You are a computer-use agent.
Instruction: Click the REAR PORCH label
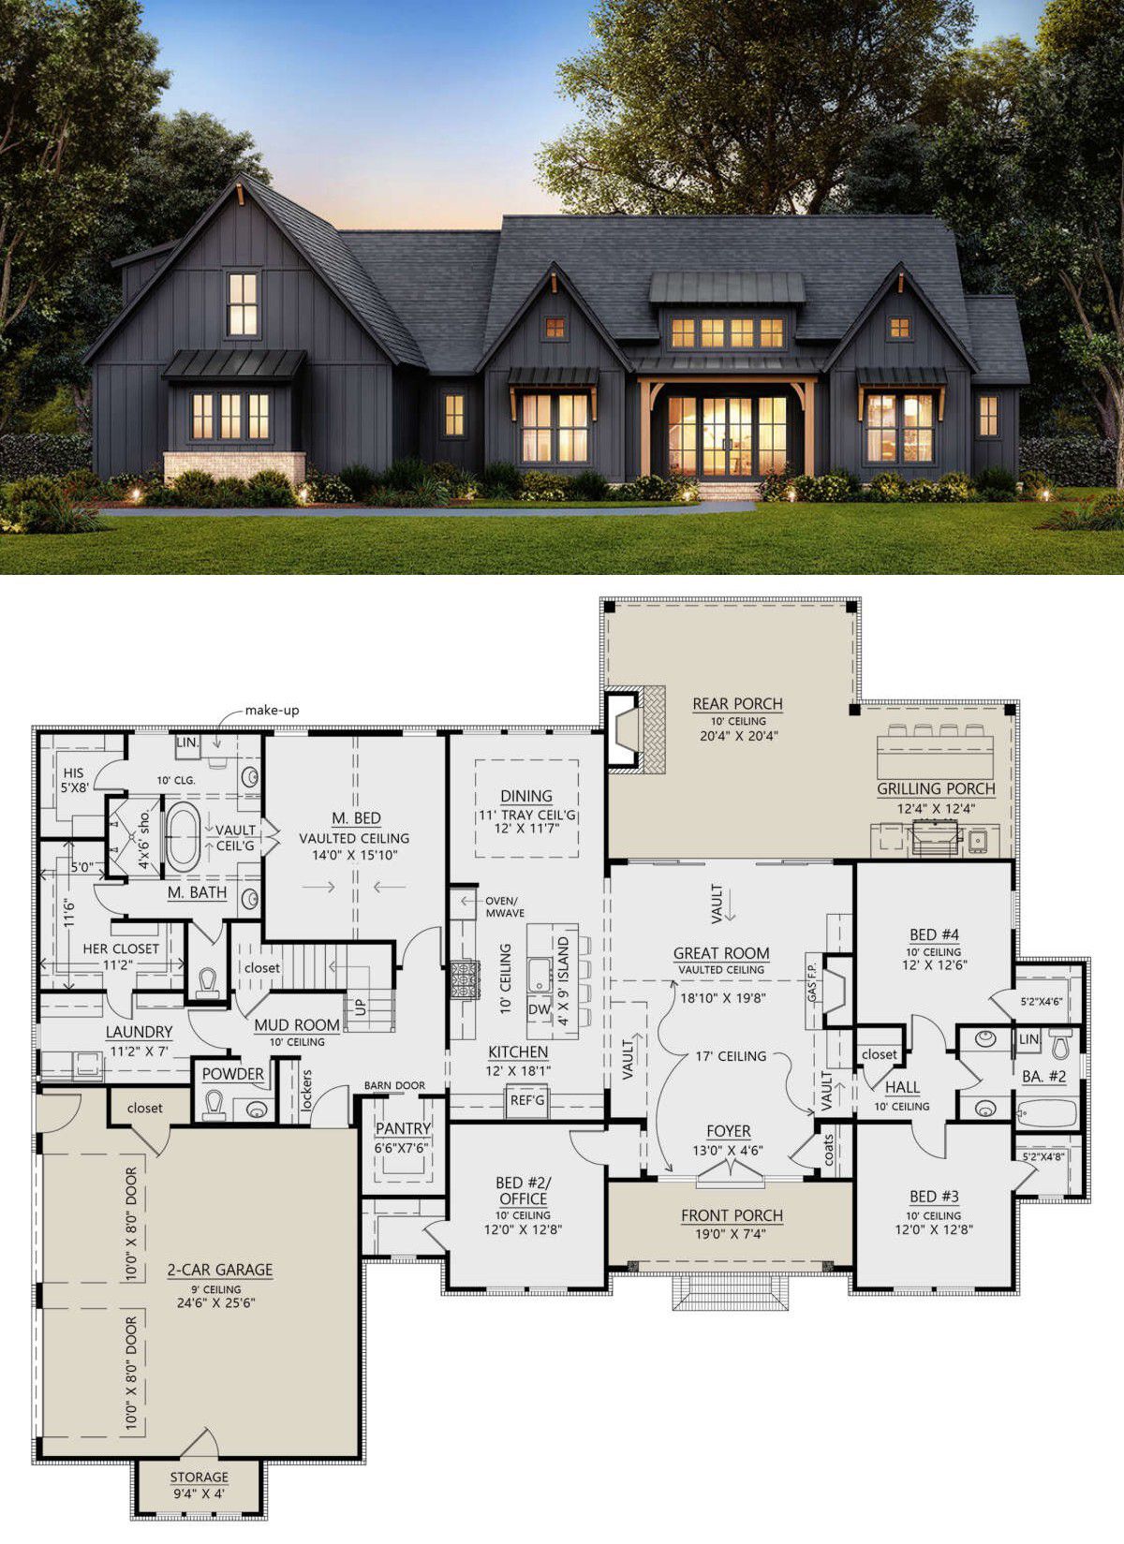click(737, 704)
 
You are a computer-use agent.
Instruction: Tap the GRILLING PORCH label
click(936, 788)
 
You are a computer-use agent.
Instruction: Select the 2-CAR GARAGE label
click(220, 1269)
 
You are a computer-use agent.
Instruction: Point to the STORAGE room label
click(200, 1477)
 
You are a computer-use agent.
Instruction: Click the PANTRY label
click(403, 1127)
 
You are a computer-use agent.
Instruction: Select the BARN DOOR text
click(394, 1085)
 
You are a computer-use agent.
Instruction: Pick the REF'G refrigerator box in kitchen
click(526, 1101)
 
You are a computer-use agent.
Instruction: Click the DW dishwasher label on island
click(540, 1008)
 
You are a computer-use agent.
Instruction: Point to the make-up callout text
click(273, 710)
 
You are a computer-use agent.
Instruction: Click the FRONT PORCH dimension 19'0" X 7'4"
click(732, 1233)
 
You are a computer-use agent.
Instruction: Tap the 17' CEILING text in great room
click(731, 1055)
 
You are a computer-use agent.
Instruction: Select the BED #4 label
click(935, 934)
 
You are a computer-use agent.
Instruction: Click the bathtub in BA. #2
click(1046, 1111)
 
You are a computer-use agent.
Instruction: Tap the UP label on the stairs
click(361, 1007)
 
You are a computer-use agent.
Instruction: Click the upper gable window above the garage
click(242, 304)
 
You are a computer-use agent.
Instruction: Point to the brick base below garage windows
click(234, 466)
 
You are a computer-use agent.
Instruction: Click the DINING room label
click(526, 796)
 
